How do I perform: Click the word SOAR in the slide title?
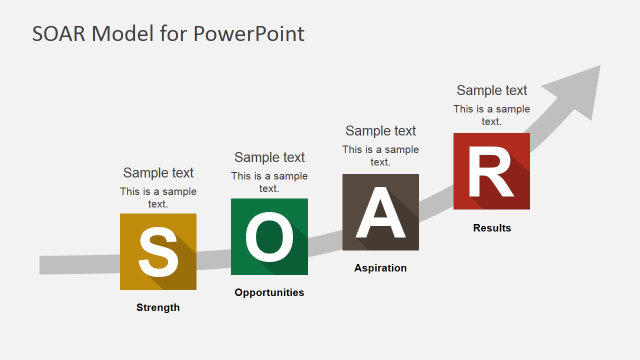coord(59,34)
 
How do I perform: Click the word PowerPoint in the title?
coord(248,34)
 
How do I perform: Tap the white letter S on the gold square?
coord(158,251)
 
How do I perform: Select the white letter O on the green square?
coord(269,237)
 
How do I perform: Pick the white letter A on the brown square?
coord(380,212)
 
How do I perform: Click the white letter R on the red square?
coord(490,172)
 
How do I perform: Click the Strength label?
coord(158,307)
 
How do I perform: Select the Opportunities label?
coord(269,292)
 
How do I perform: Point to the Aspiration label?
coord(380,268)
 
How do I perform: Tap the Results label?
coord(492,228)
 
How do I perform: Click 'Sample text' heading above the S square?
coord(158,173)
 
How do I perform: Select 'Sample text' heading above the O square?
coord(269,157)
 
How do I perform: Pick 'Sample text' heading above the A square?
coord(380,131)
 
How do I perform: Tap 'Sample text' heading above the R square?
coord(491,90)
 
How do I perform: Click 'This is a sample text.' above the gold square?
coord(158,197)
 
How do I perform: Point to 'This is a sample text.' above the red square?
coord(491,115)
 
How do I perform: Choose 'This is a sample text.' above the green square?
coord(269,182)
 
